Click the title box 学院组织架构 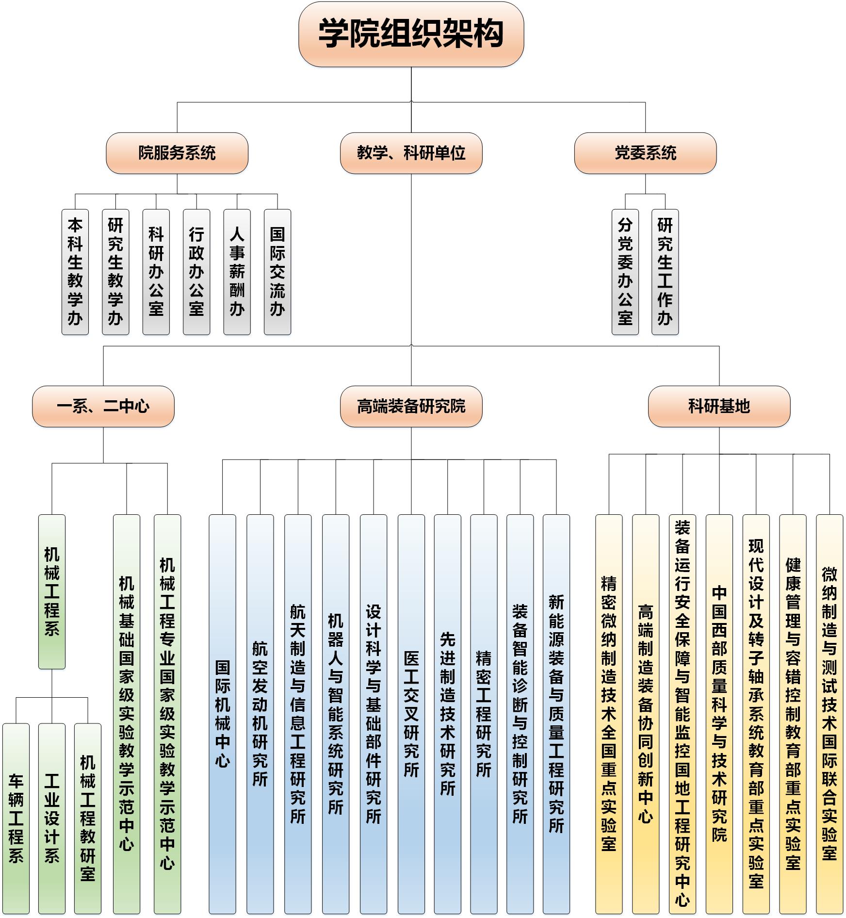tap(411, 34)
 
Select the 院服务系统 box tap(177, 153)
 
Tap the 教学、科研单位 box tap(411, 153)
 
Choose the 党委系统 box tap(645, 153)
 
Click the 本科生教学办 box tap(75, 272)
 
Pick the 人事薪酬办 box tap(237, 272)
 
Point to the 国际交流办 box tap(277, 272)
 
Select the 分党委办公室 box tap(625, 272)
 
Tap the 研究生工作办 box tap(665, 272)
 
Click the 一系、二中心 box tap(103, 406)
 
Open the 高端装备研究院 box tap(411, 406)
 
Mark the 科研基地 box tap(719, 406)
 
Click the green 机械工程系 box tap(52, 591)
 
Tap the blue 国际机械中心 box tap(223, 713)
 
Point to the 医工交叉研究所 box tap(411, 713)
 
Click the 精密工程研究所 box tap(484, 713)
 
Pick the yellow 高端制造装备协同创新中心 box tap(646, 713)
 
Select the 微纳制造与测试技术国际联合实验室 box tap(830, 713)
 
